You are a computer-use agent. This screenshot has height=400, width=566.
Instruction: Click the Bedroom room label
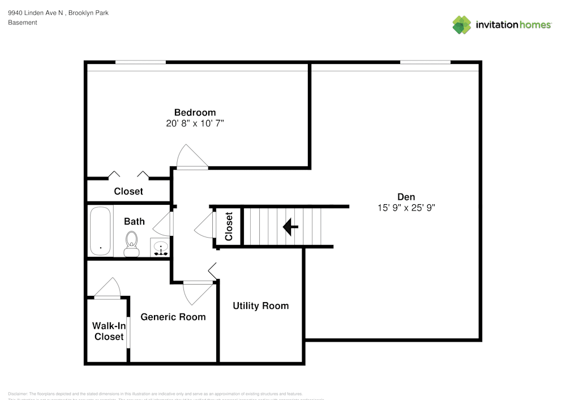coord(195,112)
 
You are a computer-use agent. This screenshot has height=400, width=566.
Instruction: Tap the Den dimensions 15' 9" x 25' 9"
coord(406,208)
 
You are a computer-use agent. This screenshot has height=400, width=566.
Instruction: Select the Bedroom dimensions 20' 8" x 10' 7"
coord(195,123)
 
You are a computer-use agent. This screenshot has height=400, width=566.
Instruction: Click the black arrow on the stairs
coord(290,227)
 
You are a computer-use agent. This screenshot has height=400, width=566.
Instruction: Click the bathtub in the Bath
coord(101,231)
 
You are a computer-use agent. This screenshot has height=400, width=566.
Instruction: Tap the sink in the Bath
coord(161,248)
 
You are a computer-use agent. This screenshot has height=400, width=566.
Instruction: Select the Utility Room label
coord(260,306)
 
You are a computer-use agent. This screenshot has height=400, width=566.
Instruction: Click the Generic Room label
coord(173,317)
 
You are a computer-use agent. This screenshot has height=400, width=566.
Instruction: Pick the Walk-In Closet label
coord(109,331)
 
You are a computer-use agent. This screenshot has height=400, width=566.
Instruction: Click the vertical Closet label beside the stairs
coord(229,226)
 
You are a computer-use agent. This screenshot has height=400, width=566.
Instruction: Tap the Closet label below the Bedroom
coord(128,191)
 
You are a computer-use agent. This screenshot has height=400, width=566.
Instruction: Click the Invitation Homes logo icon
coord(461,24)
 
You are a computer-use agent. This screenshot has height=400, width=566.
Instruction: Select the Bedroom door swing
coord(188,156)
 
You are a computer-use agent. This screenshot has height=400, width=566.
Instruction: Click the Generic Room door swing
coord(196,293)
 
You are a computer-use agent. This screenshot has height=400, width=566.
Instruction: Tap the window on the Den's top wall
coord(425,62)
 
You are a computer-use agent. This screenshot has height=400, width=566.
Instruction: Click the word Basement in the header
coord(23,23)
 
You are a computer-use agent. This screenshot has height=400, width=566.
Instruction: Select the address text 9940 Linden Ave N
coord(36,12)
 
